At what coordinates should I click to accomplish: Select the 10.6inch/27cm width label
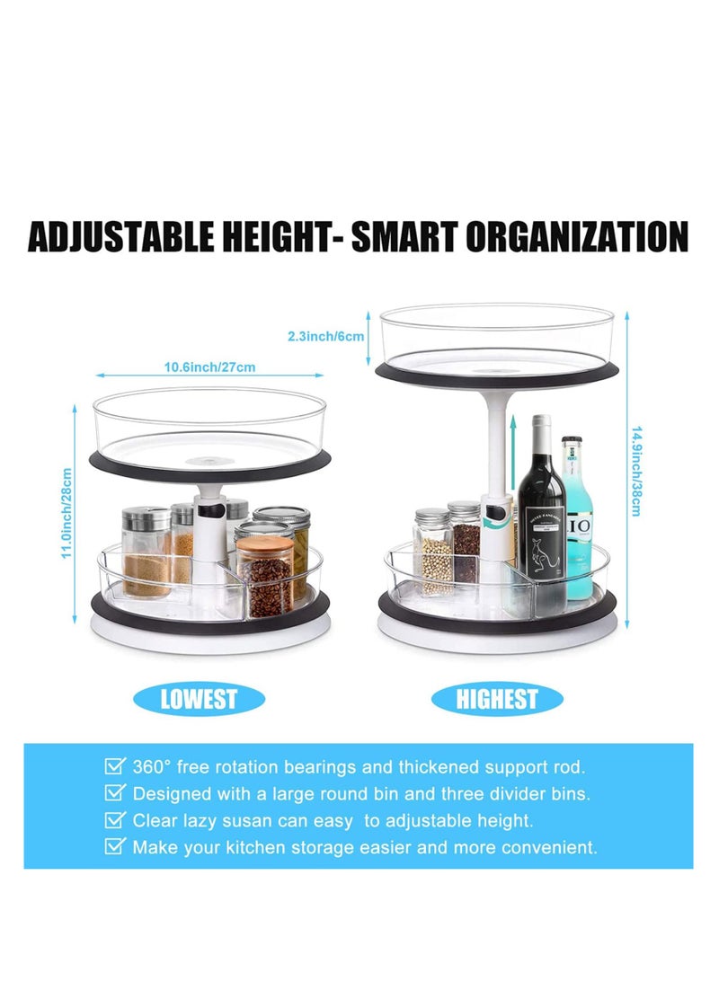209,367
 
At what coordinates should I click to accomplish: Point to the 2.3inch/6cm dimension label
325,336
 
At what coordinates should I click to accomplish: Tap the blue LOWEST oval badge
199,699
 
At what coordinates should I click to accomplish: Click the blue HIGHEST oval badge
496,699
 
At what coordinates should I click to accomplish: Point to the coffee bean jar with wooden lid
265,575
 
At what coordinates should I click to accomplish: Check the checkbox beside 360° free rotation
115,767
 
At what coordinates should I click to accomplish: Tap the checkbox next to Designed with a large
115,793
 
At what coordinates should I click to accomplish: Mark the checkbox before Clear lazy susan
115,819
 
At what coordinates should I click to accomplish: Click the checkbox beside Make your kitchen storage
115,846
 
